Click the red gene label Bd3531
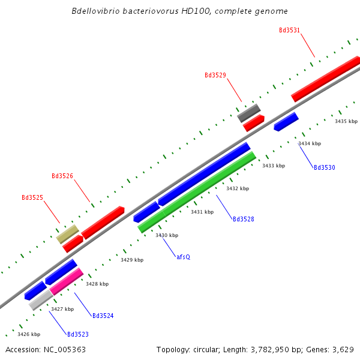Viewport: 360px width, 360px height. click(x=290, y=30)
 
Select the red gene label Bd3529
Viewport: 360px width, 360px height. click(x=215, y=76)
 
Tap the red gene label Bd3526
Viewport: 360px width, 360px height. click(x=62, y=176)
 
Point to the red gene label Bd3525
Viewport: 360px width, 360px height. click(x=32, y=198)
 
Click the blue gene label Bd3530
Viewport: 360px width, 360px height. click(x=325, y=168)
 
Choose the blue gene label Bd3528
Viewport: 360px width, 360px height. click(x=244, y=220)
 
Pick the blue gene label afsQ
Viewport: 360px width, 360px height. click(x=183, y=257)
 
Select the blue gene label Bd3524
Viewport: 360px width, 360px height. click(x=103, y=316)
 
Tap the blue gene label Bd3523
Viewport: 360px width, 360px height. click(x=78, y=334)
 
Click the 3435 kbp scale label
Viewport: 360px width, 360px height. click(x=346, y=122)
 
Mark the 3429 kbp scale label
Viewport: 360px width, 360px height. click(x=132, y=260)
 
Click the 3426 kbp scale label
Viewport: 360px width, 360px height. click(x=29, y=334)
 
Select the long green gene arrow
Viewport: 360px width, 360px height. click(x=197, y=192)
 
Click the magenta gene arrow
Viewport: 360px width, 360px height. click(x=67, y=281)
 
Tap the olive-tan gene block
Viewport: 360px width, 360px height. click(x=68, y=233)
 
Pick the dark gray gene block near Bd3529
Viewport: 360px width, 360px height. click(x=248, y=112)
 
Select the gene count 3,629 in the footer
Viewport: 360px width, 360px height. click(x=342, y=349)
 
